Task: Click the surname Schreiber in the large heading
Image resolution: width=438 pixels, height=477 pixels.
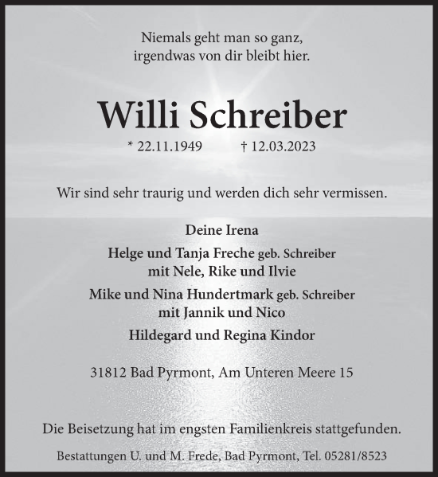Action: pos(268,115)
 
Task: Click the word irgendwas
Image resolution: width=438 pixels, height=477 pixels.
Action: pos(161,57)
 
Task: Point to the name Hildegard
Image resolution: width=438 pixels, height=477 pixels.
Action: pos(162,335)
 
